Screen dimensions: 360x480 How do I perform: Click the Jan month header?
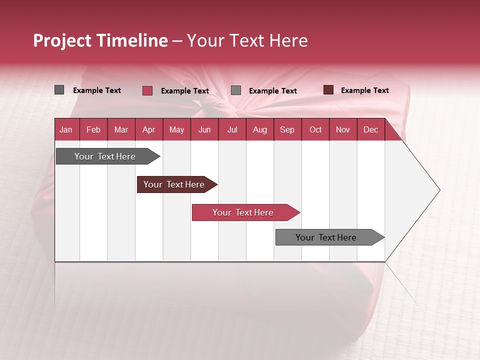pos(66,129)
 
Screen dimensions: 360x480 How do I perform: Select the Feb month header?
pos(93,129)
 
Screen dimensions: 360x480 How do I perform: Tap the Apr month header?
pos(149,129)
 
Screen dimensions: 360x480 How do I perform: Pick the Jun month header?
pos(204,129)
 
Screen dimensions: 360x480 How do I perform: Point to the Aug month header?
pos(260,129)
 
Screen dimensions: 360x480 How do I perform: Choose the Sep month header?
pos(287,129)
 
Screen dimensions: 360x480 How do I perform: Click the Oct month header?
pos(315,129)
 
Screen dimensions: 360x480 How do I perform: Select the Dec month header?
pos(371,129)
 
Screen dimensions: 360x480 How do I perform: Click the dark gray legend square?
pos(59,90)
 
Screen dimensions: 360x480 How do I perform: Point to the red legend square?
pos(147,90)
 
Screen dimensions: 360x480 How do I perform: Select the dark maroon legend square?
pos(328,90)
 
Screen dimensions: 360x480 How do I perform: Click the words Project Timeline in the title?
pos(100,40)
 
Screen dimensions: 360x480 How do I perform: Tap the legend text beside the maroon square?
pos(364,90)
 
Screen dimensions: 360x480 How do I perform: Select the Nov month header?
pos(343,129)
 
